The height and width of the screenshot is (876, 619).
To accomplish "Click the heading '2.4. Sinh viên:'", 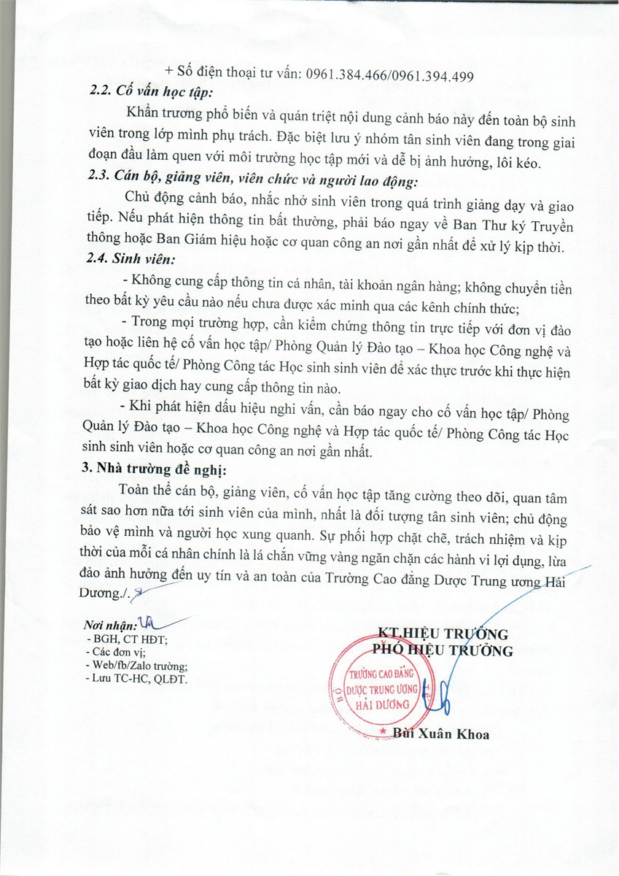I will pos(131,260).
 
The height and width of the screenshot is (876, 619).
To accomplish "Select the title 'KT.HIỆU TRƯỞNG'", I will pos(443,633).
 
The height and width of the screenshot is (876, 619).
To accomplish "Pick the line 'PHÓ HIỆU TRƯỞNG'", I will pos(443,650).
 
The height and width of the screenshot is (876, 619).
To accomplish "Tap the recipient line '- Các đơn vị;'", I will pos(116,653).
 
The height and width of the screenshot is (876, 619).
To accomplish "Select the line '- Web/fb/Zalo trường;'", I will pos(137,666).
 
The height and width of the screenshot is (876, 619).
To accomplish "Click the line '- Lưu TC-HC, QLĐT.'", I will pos(136,679).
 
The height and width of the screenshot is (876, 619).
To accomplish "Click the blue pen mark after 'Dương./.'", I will pos(141,595).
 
